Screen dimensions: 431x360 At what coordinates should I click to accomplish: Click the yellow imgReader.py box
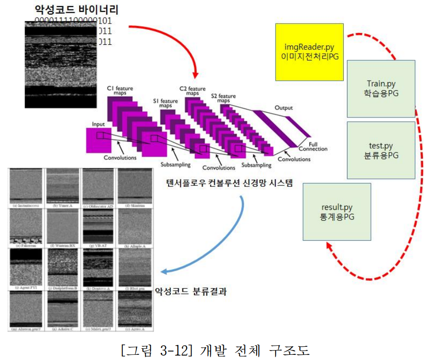tap(309, 52)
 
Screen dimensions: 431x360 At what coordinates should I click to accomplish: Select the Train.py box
tap(381, 88)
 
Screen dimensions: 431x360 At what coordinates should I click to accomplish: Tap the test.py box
tap(381, 150)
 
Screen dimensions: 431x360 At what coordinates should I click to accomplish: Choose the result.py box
tap(337, 212)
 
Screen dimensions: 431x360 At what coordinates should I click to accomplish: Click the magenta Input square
tap(98, 140)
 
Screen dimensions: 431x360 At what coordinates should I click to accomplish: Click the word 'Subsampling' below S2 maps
tap(256, 165)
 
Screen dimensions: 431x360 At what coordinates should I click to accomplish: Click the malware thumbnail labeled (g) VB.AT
tap(97, 226)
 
